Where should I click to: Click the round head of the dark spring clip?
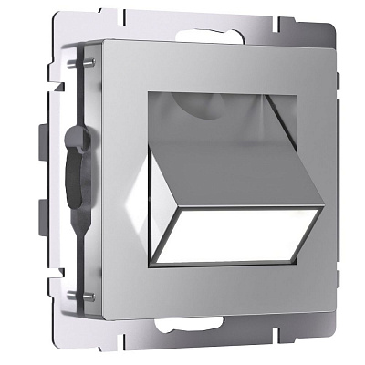[75, 141]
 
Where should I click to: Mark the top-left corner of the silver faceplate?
[106, 40]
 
